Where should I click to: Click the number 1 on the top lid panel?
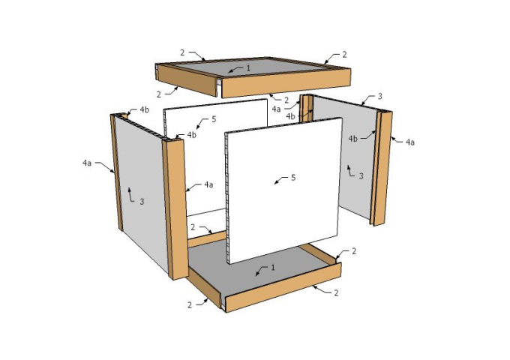248,68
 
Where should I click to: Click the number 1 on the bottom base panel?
273,267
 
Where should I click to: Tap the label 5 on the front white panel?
293,178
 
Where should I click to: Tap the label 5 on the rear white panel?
214,119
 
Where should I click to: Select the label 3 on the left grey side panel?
142,202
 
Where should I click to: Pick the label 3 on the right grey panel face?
361,176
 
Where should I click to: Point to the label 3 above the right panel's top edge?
379,96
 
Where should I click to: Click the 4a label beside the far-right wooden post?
410,142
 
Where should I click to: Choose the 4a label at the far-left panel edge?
87,163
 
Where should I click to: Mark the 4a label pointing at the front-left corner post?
208,184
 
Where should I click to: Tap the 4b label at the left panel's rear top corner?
145,109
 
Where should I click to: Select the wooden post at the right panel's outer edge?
383,169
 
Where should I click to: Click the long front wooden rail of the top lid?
286,82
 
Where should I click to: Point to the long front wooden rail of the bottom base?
283,286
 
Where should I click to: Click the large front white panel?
283,191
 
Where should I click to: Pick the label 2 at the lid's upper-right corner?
344,55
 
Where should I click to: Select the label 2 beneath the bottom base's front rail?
336,292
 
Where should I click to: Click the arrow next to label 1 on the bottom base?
262,271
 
